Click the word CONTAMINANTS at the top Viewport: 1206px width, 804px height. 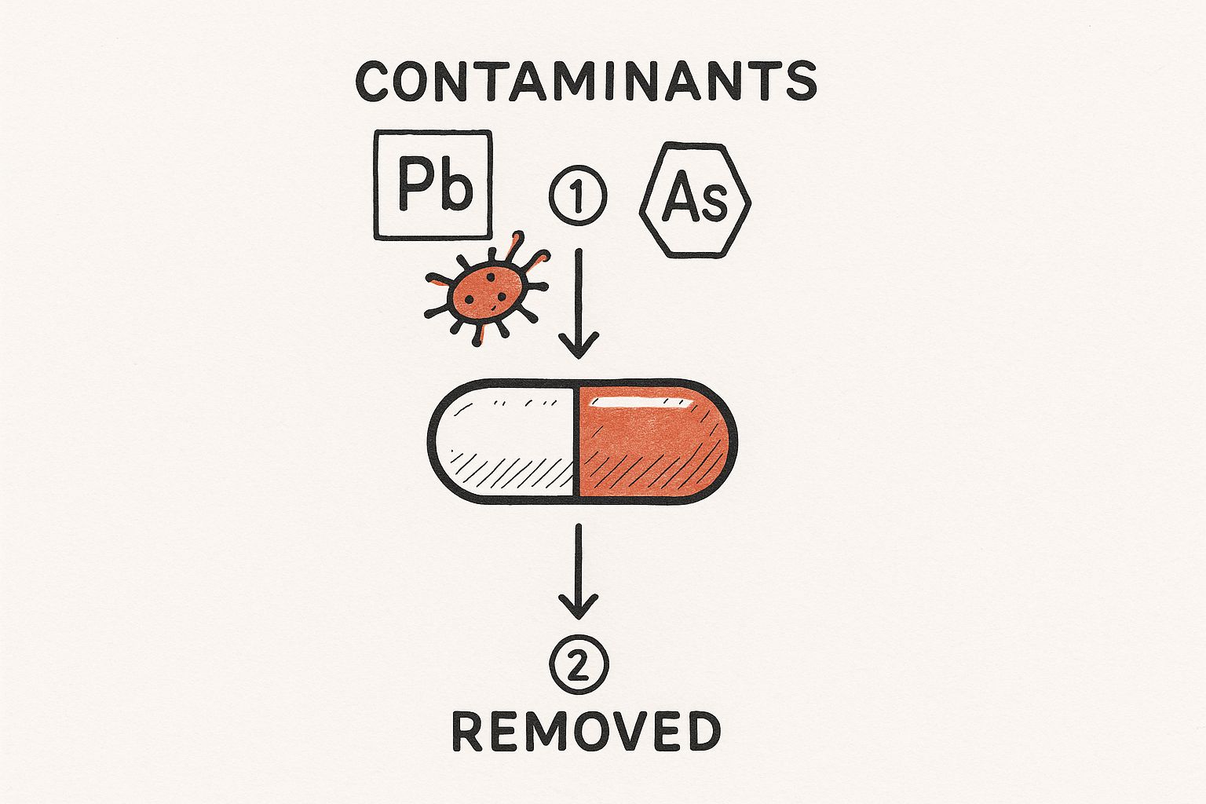(x=587, y=81)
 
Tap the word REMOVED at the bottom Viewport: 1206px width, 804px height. (x=587, y=731)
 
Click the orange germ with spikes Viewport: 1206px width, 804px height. (x=488, y=290)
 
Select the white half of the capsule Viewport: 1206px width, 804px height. (x=502, y=441)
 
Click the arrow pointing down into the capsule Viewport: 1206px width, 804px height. (x=579, y=303)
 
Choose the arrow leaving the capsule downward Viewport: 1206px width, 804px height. (x=579, y=572)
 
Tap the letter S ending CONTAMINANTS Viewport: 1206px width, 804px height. (x=802, y=82)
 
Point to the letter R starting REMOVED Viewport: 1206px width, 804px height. (x=467, y=731)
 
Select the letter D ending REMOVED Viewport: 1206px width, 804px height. (x=704, y=731)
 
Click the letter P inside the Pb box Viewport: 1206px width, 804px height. (x=415, y=183)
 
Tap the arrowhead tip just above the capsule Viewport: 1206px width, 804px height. (x=579, y=358)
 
